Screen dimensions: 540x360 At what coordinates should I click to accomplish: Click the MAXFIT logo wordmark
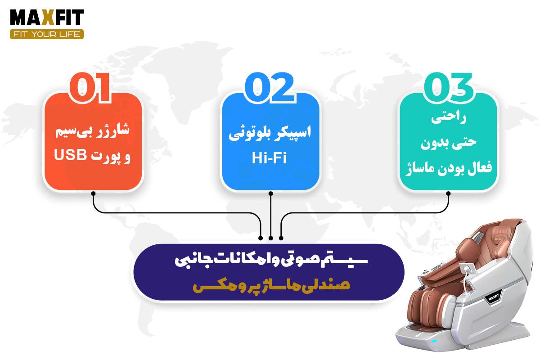(x=47, y=18)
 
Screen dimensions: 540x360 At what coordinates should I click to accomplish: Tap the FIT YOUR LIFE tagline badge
(x=47, y=34)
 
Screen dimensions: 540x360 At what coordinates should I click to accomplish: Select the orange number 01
(x=90, y=88)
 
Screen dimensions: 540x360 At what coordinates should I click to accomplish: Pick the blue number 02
(x=270, y=88)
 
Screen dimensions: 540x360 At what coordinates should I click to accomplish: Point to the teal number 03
(x=449, y=88)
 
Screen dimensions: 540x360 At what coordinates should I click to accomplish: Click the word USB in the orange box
(x=70, y=154)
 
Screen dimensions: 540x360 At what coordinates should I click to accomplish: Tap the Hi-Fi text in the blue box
(x=269, y=158)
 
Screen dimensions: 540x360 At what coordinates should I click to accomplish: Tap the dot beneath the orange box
(x=94, y=193)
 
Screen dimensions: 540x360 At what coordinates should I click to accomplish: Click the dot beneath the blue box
(x=271, y=193)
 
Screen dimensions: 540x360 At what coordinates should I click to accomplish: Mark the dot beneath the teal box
(x=448, y=193)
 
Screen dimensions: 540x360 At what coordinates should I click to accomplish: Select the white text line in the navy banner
(x=271, y=261)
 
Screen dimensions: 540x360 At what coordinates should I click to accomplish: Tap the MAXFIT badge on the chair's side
(x=494, y=298)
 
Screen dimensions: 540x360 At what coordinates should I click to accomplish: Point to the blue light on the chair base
(x=434, y=341)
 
